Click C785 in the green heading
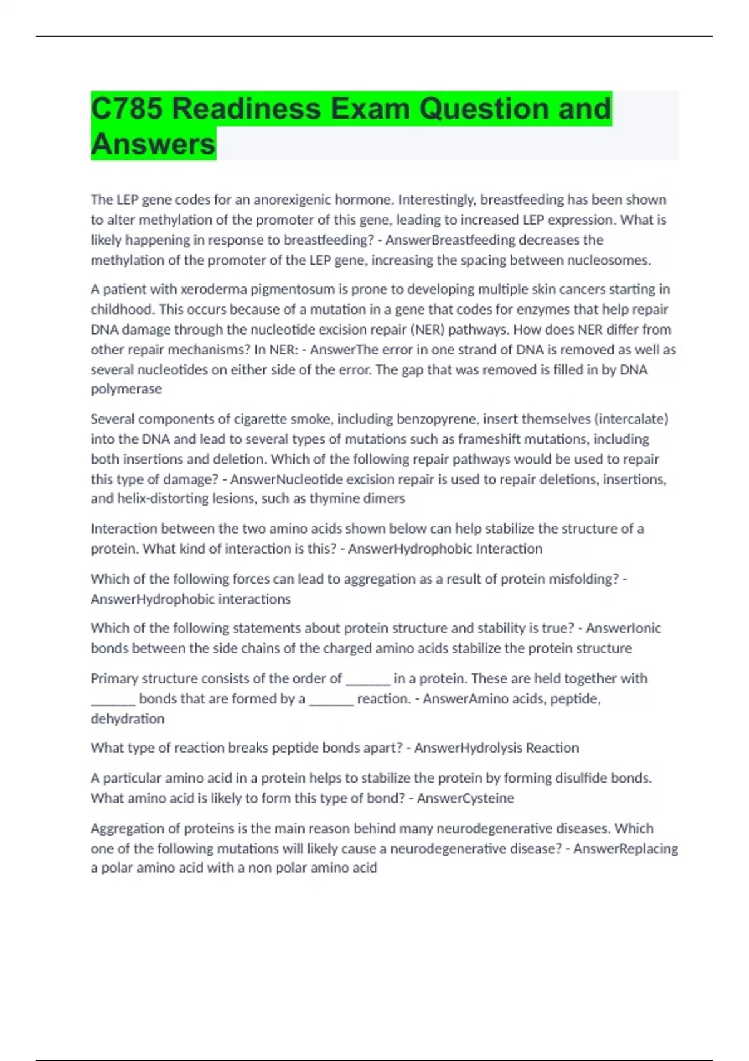point(127,109)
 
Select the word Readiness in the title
point(247,109)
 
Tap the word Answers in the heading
point(153,144)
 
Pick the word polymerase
point(126,389)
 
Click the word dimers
point(386,499)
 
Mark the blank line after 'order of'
point(368,679)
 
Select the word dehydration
point(127,719)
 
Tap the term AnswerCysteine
point(465,798)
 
